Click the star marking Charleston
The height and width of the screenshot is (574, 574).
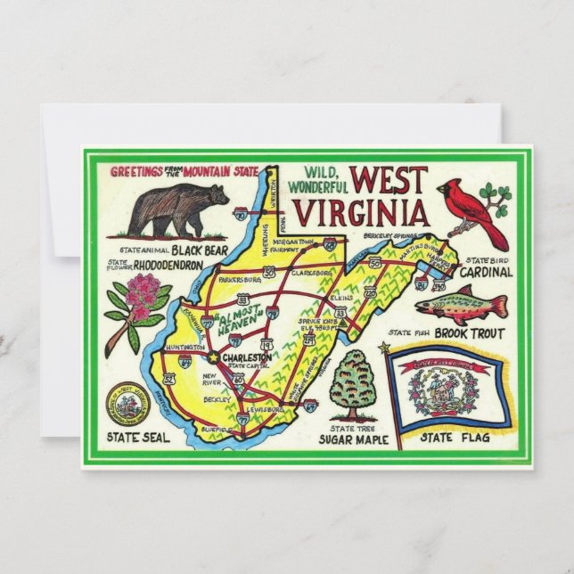pyautogui.click(x=213, y=357)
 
